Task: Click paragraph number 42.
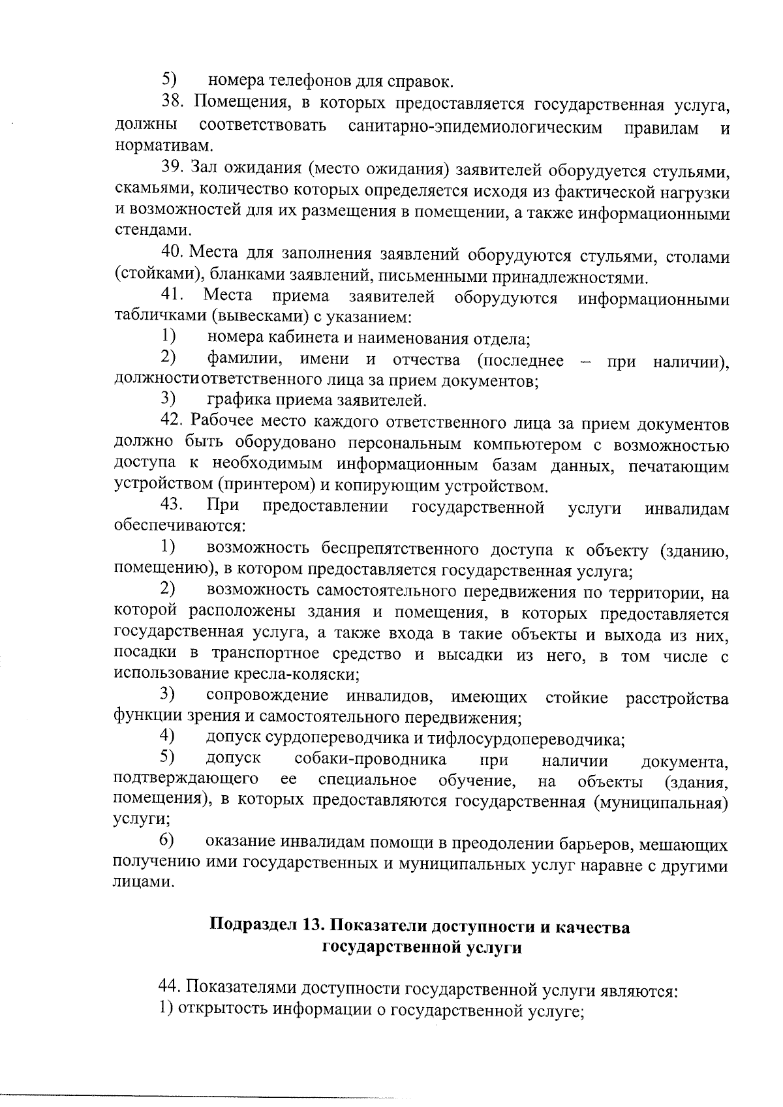[174, 423]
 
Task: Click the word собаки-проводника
[371, 760]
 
